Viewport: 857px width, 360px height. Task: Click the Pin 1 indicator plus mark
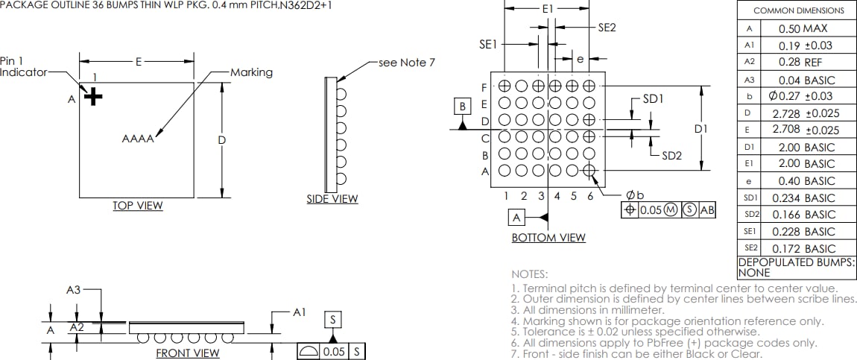92,96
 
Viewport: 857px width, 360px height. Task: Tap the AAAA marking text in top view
138,139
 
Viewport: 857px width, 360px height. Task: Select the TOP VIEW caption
138,206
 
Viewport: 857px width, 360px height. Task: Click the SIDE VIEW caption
332,199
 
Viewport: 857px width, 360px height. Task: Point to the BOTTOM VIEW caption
548,237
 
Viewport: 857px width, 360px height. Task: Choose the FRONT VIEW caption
187,353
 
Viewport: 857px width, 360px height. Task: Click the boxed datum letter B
463,107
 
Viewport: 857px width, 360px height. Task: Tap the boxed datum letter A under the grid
517,217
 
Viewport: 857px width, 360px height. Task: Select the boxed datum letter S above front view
332,319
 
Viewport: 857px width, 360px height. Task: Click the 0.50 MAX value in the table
803,28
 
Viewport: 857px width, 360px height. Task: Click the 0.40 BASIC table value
803,180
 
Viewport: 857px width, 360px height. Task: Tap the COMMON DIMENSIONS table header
799,10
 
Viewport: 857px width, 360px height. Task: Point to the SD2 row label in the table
749,215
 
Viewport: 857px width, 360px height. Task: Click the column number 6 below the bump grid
590,196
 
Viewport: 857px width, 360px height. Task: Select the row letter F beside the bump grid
484,87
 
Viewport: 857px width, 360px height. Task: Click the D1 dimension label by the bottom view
701,129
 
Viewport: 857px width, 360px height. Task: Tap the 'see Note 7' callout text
407,63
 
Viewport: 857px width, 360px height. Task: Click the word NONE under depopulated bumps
753,273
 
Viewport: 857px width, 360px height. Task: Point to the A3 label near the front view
73,290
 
